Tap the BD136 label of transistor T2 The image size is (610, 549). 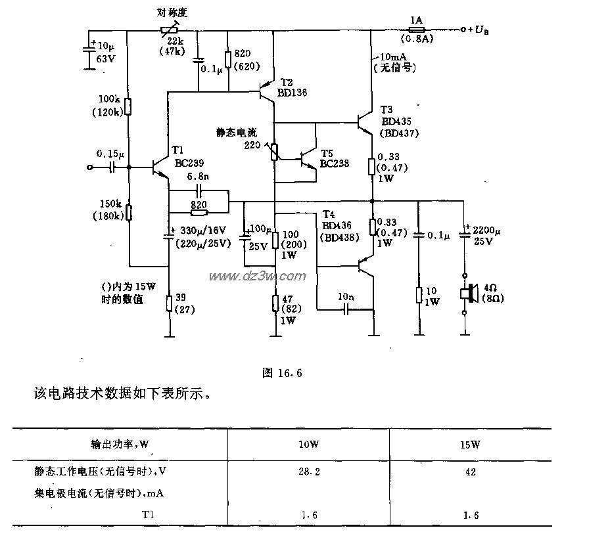point(291,93)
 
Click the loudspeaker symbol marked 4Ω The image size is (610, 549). point(467,294)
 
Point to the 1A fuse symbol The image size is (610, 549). point(415,30)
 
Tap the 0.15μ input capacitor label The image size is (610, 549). point(108,154)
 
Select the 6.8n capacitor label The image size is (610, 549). point(199,177)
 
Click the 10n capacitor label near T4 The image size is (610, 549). point(346,296)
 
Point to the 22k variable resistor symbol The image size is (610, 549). point(169,30)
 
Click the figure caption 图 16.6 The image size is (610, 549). point(281,373)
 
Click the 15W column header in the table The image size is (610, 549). point(470,445)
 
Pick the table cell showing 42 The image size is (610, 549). point(470,472)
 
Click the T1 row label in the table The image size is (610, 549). point(148,516)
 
